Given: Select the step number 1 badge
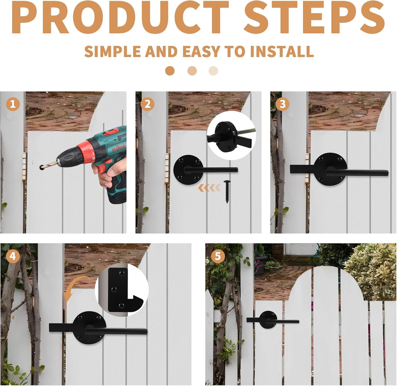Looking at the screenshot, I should [x=13, y=104].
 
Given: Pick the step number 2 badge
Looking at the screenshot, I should [x=147, y=104].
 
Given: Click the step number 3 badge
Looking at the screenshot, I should [x=282, y=104].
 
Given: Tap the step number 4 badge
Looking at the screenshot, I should [x=13, y=256].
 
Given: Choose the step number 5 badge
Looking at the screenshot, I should [x=218, y=256].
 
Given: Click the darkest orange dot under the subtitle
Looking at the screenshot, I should [x=170, y=71].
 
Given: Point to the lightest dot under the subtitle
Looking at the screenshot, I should [x=213, y=71].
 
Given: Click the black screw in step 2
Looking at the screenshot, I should [x=227, y=191].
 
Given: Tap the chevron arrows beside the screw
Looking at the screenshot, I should [x=209, y=188].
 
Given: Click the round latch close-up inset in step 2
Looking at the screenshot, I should [x=231, y=135].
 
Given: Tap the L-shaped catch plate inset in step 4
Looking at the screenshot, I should [x=122, y=289].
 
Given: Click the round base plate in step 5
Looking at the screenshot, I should [x=268, y=320].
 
